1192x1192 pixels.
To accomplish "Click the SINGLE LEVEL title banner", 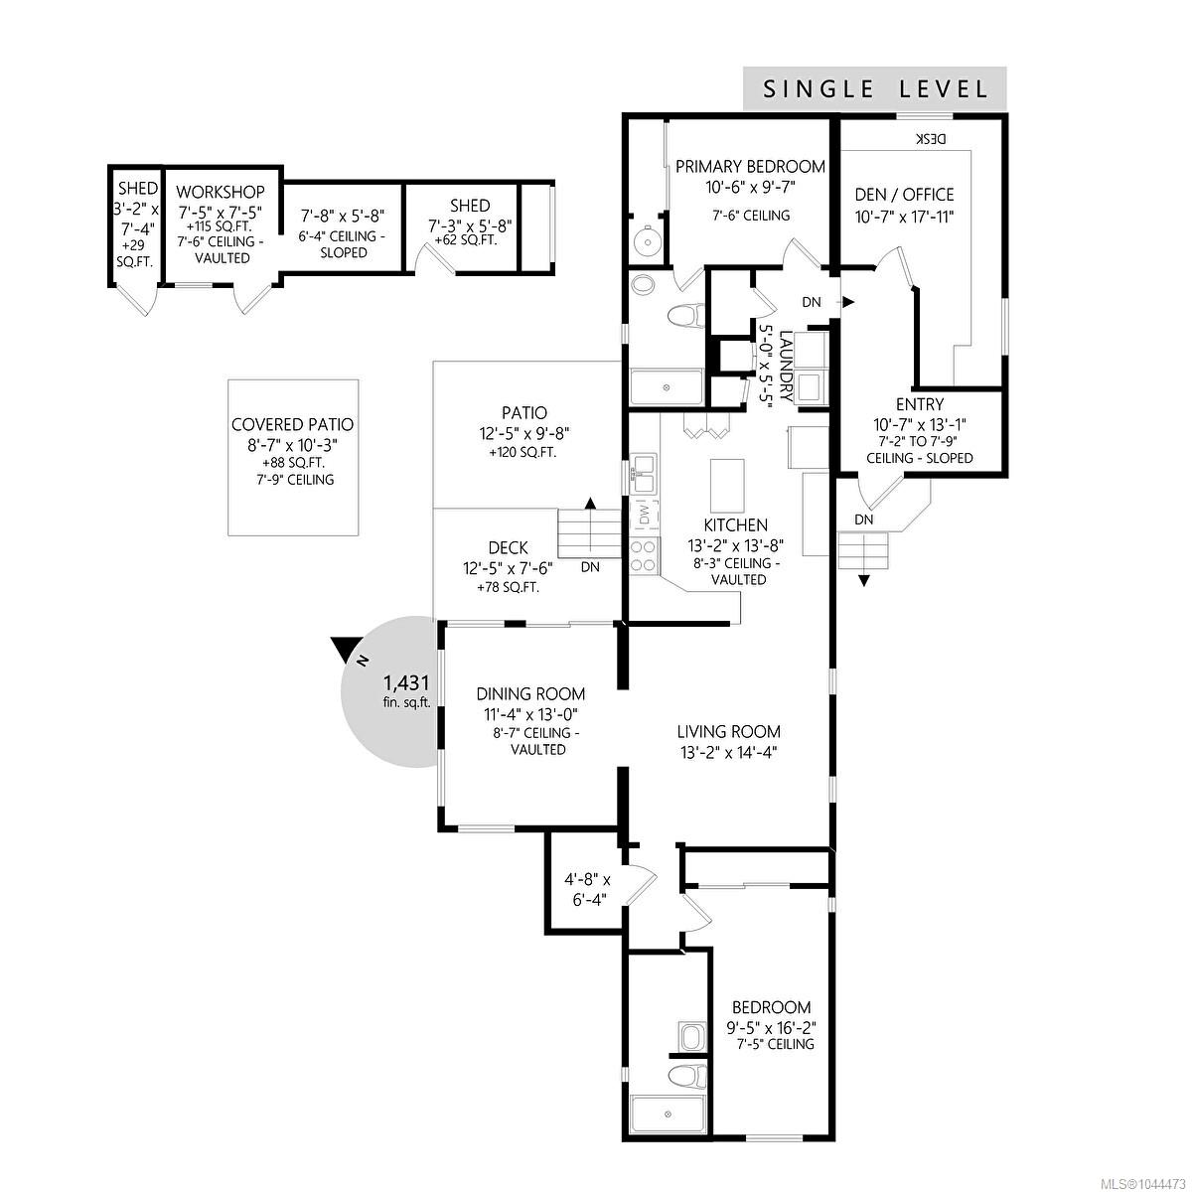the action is [x=874, y=88].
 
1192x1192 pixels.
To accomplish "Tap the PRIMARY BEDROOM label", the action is [x=750, y=167].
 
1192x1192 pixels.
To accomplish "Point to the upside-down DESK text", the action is [x=931, y=138].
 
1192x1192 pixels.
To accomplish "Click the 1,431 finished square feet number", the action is [x=406, y=682].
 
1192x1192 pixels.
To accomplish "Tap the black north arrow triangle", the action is [x=342, y=649].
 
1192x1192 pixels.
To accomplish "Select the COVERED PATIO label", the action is [x=293, y=424].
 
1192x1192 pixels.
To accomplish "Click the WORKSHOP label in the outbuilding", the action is [x=221, y=192].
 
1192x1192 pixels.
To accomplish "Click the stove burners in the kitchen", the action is [x=644, y=555].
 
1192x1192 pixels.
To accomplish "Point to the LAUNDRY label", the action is [x=786, y=367].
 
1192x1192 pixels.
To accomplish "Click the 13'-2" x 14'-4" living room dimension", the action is [x=729, y=753].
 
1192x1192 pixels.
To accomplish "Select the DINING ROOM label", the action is [x=530, y=693].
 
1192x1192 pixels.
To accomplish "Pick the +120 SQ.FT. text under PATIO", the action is [x=522, y=453].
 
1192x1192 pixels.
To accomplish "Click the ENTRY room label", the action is [x=920, y=404].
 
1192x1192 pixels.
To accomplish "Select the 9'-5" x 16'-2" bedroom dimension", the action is [x=772, y=1028].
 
